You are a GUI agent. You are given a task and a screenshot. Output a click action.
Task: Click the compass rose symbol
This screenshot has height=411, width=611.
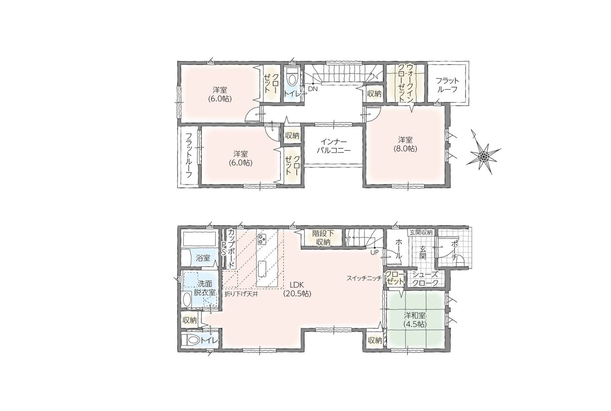[x=483, y=156]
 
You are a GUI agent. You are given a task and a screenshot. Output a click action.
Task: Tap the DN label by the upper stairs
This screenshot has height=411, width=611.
[x=313, y=89]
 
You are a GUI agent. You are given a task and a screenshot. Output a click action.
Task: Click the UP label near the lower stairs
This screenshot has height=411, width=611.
[x=375, y=252]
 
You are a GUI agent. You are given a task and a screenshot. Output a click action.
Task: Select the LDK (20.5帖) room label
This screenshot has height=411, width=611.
[x=297, y=289]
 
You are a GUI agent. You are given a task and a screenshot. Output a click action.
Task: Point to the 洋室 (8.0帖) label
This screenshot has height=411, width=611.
[x=405, y=144]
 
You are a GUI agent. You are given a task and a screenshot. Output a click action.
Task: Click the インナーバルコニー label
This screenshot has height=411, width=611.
[x=334, y=146]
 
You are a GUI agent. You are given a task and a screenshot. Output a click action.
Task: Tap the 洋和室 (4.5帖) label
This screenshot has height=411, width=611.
[x=415, y=320]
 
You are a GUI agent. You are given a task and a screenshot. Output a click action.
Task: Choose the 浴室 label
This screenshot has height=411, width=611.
[x=203, y=258]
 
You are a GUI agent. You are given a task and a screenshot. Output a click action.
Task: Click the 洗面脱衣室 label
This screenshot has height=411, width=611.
[x=205, y=288]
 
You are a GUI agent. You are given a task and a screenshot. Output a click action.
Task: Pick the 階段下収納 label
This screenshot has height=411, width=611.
[x=323, y=237]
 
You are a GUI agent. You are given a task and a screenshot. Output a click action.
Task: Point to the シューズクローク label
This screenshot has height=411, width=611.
[x=425, y=278]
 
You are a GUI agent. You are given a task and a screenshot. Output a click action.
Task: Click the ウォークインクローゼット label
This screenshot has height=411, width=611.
[x=405, y=83]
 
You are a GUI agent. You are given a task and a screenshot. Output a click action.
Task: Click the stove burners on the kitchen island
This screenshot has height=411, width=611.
[x=262, y=239]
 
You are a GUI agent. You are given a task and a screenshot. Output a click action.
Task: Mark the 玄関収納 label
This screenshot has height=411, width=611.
[x=421, y=233]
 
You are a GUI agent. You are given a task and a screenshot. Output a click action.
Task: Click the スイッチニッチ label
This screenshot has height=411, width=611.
[x=364, y=278]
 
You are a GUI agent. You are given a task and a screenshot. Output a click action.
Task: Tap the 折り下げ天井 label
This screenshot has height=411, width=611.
[x=242, y=294]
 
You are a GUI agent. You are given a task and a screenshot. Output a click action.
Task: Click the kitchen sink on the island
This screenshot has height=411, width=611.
[x=263, y=269]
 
